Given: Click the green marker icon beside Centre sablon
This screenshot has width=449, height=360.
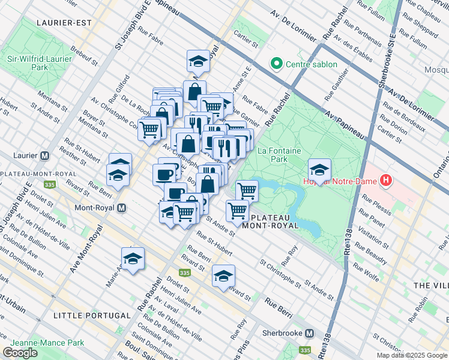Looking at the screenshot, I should (x=277, y=63).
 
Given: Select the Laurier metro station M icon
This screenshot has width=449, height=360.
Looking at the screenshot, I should (x=44, y=156).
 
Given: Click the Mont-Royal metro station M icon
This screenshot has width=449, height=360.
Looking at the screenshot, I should (x=122, y=208).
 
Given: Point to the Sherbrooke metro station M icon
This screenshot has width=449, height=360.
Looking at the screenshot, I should (x=310, y=333).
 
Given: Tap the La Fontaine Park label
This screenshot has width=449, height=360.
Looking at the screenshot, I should (x=279, y=155).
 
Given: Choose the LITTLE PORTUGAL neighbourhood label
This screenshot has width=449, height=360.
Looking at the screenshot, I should (x=92, y=315).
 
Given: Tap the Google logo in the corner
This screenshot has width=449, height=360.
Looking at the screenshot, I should (x=20, y=352).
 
